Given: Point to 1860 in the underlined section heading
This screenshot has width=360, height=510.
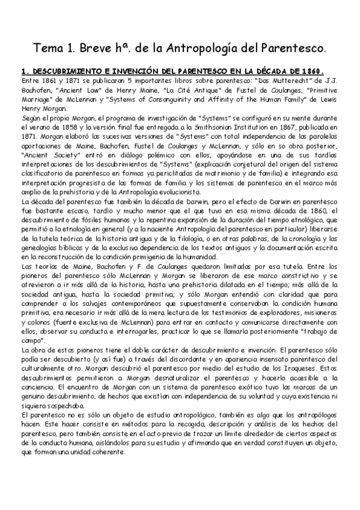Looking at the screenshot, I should [x=310, y=70].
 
